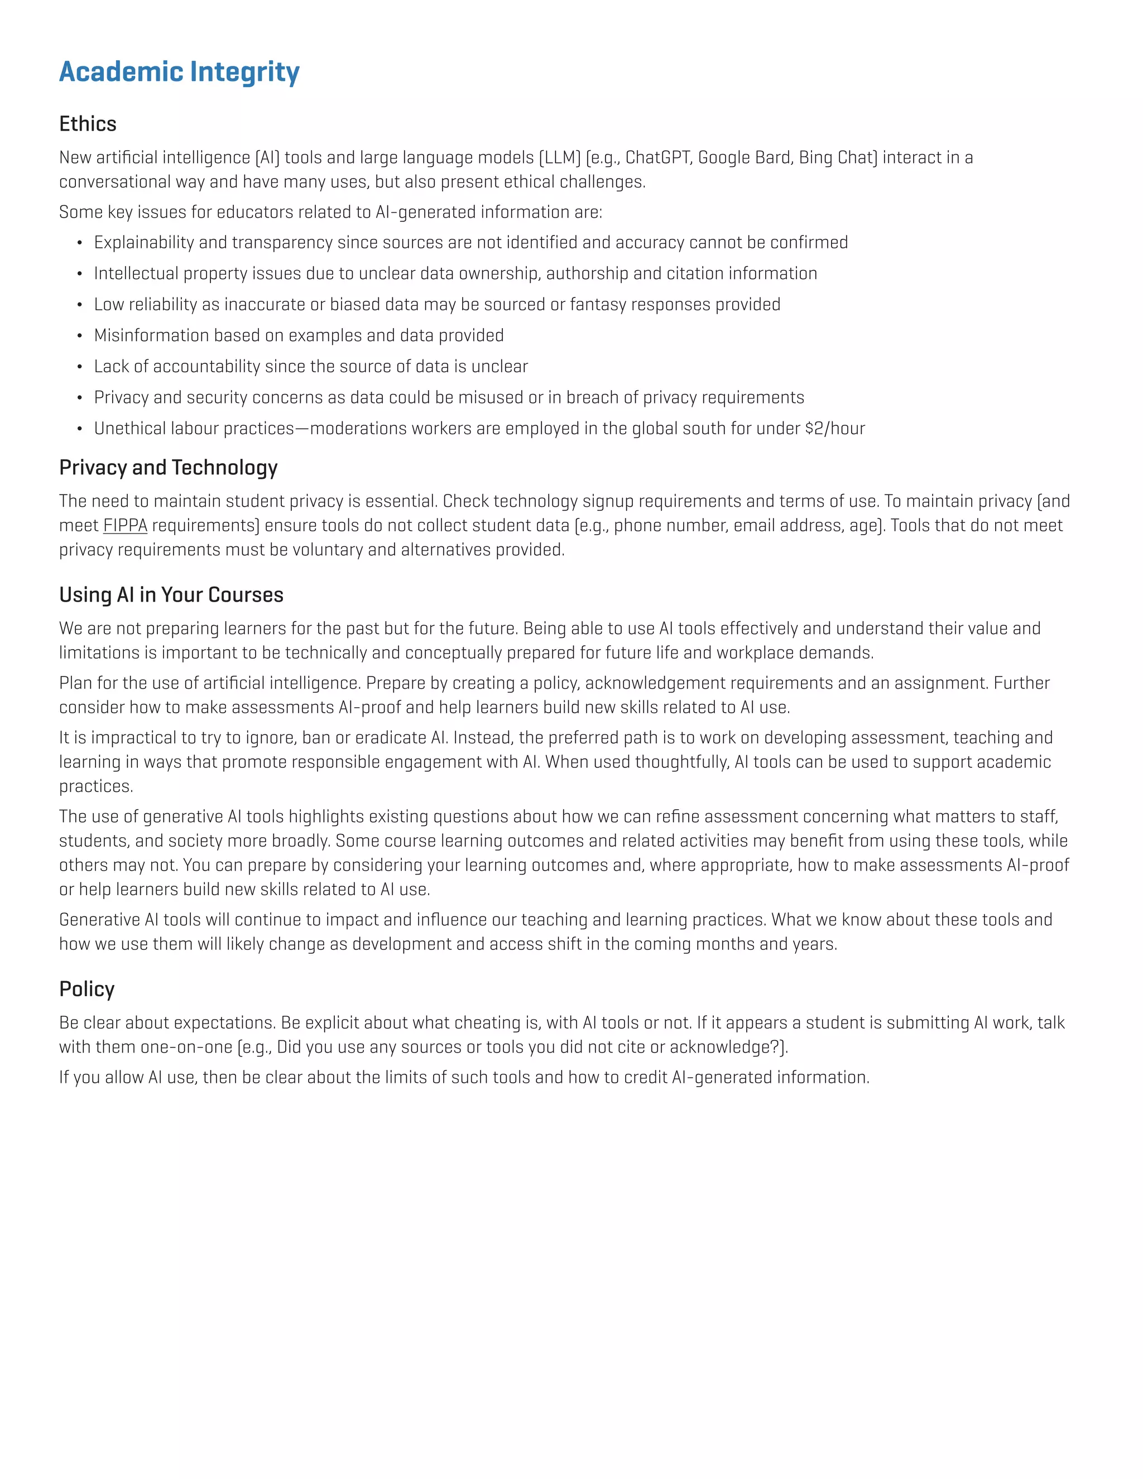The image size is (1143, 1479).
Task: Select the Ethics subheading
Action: pos(88,124)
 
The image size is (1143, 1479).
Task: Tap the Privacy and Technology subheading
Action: pos(168,467)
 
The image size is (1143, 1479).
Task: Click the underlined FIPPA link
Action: pos(124,526)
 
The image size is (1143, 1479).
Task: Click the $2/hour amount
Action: pos(835,429)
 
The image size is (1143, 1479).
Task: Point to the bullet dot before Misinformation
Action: pos(79,336)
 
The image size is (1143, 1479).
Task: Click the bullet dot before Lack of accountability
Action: pos(79,367)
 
